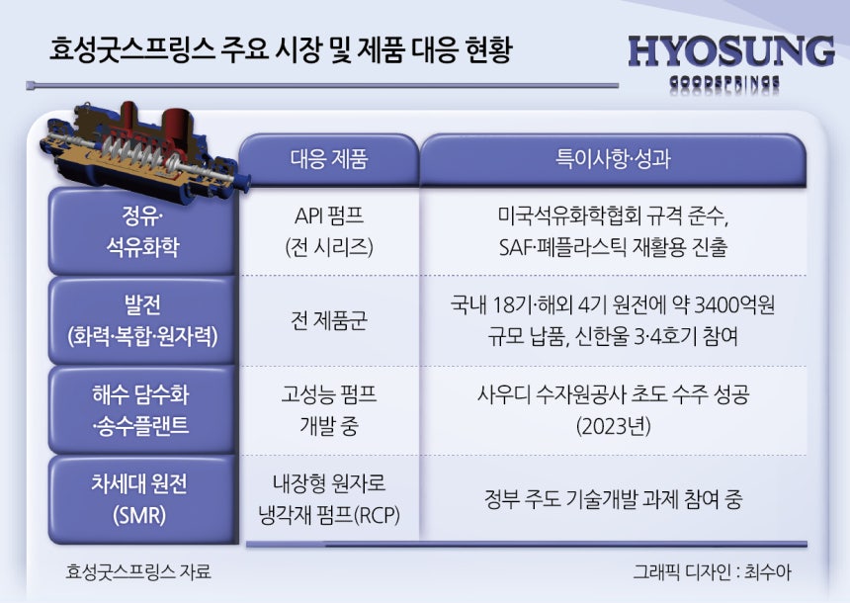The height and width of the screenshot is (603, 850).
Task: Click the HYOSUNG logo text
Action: click(731, 52)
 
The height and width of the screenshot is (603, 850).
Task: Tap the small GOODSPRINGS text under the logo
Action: click(724, 82)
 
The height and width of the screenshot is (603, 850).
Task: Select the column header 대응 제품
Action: click(329, 159)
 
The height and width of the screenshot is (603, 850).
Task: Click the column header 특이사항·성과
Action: click(613, 159)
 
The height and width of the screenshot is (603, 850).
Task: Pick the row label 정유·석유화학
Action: click(142, 231)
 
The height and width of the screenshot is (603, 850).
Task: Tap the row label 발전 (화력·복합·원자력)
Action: click(142, 320)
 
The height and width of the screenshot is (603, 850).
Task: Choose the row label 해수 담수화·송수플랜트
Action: click(140, 410)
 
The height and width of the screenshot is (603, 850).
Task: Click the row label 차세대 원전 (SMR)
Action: click(139, 499)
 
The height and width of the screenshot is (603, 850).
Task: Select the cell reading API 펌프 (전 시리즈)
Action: click(329, 231)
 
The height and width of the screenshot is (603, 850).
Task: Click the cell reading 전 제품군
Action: click(329, 320)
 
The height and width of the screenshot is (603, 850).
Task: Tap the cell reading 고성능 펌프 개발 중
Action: click(329, 410)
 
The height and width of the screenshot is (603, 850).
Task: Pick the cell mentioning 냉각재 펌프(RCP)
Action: click(329, 499)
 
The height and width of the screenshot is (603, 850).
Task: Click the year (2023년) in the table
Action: click(613, 426)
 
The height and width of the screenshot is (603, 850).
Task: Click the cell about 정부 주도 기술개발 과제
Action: click(613, 499)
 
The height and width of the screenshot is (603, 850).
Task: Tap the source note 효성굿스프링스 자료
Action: click(138, 571)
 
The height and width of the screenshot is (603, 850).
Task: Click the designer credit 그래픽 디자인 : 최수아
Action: click(713, 572)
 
